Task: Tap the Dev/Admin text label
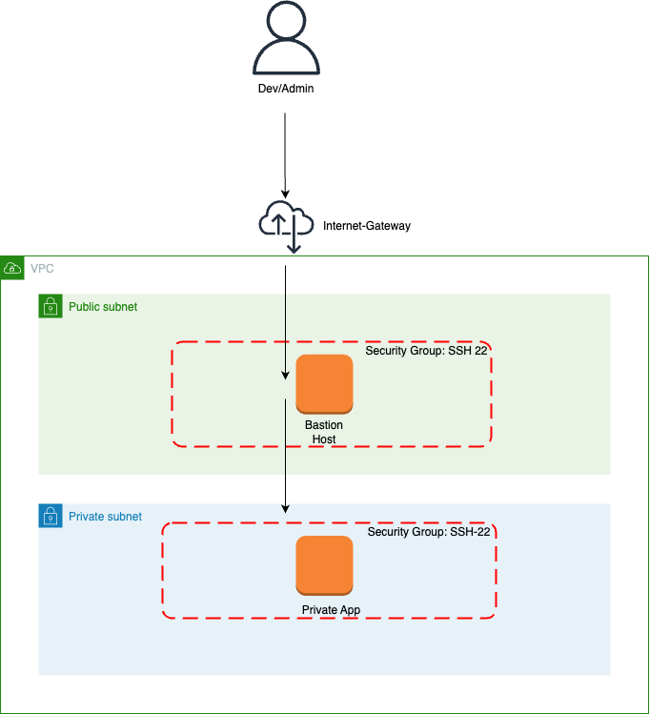285,89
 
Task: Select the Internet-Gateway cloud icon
285,222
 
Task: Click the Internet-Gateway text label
367,227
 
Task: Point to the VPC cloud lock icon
12,268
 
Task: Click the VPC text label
42,269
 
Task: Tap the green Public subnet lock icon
50,306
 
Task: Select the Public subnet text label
103,307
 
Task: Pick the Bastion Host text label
324,432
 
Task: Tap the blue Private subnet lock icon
50,516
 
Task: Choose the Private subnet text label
105,517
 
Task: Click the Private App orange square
324,565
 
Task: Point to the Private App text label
331,610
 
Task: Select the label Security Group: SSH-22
429,532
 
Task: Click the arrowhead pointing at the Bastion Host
285,376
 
